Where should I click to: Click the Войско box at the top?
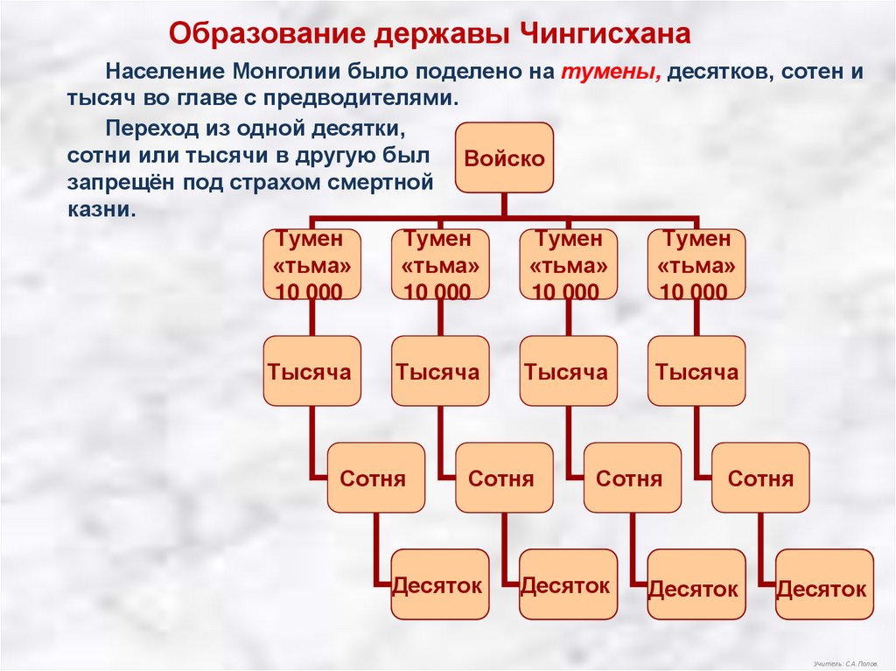(x=504, y=158)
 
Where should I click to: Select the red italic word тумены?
(x=611, y=73)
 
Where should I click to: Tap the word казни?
(x=101, y=210)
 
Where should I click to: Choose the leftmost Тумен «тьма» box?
(x=311, y=264)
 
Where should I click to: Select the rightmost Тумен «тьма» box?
(x=696, y=264)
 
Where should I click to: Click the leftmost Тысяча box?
(x=311, y=371)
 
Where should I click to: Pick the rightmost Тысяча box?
(x=696, y=371)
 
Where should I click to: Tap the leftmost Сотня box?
(x=375, y=478)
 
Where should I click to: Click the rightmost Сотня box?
(x=760, y=478)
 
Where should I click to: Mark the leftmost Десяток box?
(x=439, y=584)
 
